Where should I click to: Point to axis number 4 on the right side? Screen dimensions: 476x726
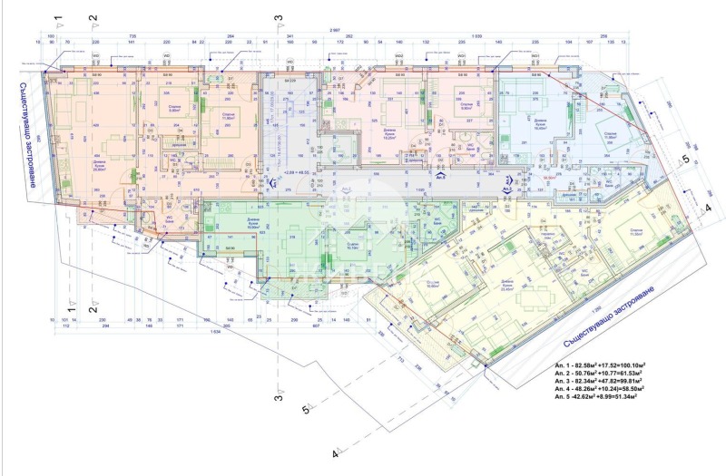tap(708, 207)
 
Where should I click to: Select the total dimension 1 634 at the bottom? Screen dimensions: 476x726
tap(215, 331)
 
